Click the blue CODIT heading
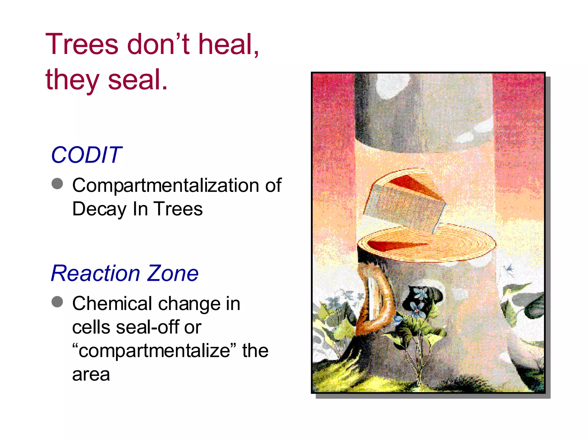click(x=86, y=155)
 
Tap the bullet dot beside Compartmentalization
click(x=57, y=184)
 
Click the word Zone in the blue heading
click(x=173, y=273)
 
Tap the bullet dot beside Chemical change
click(x=57, y=302)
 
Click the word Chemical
click(x=112, y=303)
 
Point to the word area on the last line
click(x=91, y=374)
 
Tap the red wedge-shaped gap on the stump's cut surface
click(x=393, y=245)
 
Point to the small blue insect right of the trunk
click(x=508, y=269)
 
